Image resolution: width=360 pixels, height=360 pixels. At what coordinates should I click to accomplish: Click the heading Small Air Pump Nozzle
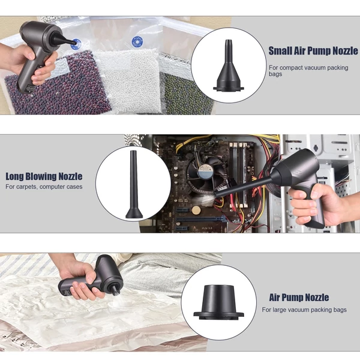click(313, 51)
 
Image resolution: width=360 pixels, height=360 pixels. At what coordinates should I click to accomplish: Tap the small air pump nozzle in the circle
click(228, 65)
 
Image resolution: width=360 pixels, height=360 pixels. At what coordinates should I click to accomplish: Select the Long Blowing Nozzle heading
click(44, 176)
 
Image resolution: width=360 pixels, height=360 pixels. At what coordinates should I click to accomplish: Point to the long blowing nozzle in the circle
click(133, 184)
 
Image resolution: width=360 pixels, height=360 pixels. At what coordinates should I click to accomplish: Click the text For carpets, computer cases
click(44, 187)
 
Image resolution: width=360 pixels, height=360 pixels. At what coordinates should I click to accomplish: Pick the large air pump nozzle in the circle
click(218, 302)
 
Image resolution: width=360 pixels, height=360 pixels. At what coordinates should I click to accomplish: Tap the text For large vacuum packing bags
click(304, 310)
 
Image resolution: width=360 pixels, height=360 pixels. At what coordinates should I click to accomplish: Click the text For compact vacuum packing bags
click(308, 71)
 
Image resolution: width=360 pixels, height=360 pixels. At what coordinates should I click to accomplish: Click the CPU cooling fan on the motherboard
click(203, 175)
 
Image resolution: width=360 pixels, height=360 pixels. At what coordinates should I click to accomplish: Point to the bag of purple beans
click(58, 87)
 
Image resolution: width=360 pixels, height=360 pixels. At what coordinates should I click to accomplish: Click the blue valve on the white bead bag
click(137, 42)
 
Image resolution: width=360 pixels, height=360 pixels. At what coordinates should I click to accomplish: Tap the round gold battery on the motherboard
click(196, 210)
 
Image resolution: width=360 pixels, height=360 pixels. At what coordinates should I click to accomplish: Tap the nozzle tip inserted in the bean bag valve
click(73, 42)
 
